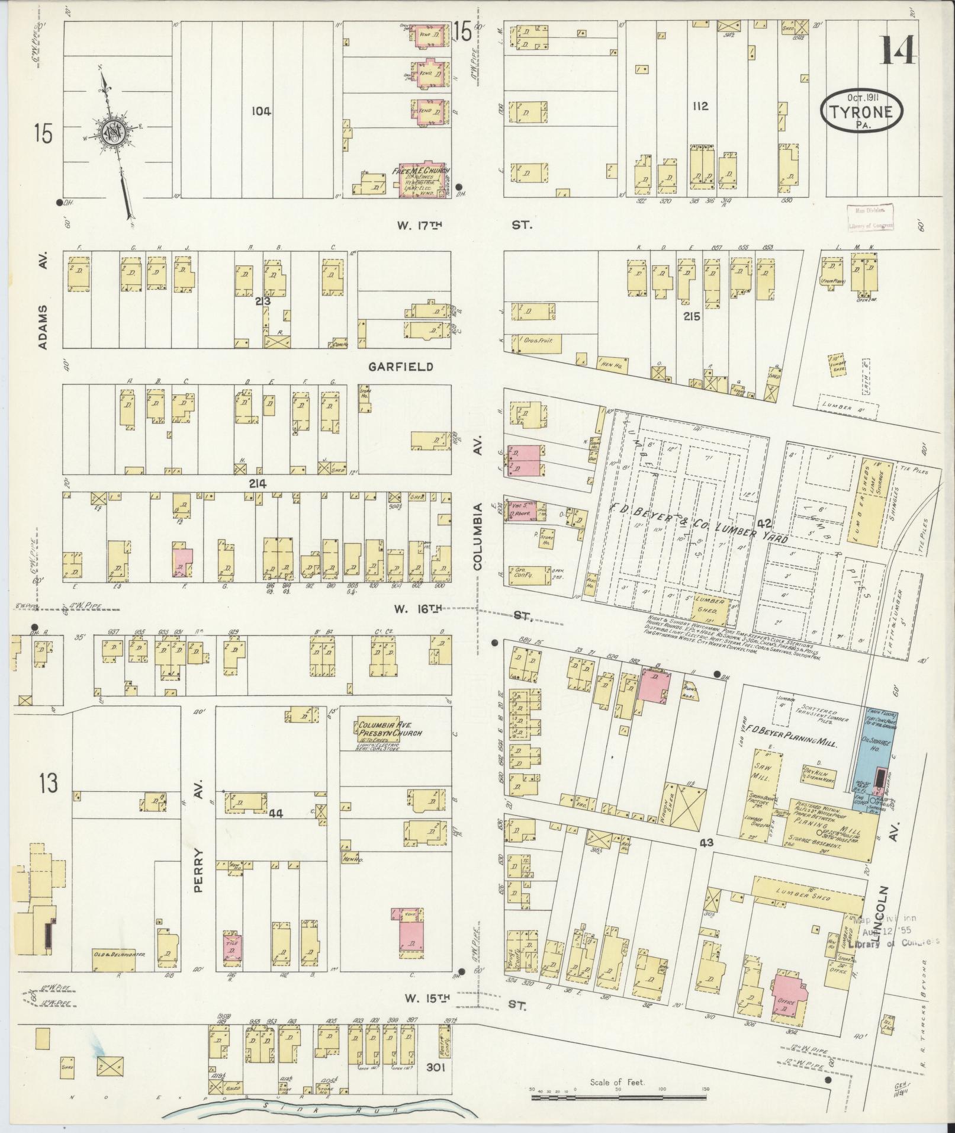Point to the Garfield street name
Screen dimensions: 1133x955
[x=401, y=367]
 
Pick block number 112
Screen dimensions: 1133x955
[x=698, y=107]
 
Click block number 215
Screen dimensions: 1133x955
[x=692, y=316]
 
